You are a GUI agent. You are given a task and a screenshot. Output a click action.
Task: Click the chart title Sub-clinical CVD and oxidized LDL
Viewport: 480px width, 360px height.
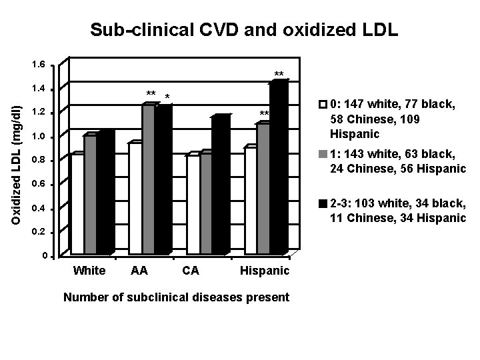244,29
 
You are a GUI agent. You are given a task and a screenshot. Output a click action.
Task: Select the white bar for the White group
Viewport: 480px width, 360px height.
77,204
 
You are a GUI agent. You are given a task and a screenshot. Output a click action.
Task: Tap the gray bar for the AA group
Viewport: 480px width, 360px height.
148,180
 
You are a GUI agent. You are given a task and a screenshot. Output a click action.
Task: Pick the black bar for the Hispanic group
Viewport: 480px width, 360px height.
279,167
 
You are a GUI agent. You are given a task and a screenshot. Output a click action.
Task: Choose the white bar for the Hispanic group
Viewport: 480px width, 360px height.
250,200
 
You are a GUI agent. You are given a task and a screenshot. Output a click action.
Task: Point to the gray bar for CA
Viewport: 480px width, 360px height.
206,203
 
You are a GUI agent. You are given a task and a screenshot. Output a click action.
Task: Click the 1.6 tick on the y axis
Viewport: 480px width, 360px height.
39,65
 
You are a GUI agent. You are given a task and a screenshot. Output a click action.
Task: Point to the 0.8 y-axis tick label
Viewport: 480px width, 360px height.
39,161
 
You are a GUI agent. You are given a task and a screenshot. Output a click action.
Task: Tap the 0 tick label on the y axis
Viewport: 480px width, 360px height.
44,257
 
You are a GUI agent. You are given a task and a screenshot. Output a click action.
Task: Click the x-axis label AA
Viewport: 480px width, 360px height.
139,271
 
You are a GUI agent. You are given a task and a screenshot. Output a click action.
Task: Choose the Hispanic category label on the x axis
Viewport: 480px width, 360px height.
265,271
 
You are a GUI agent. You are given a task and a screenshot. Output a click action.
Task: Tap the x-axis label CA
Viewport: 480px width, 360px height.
190,271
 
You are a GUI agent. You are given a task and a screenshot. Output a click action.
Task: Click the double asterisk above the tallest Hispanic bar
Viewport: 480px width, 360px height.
279,74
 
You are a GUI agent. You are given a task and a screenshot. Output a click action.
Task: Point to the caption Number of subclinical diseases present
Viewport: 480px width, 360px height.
175,297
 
